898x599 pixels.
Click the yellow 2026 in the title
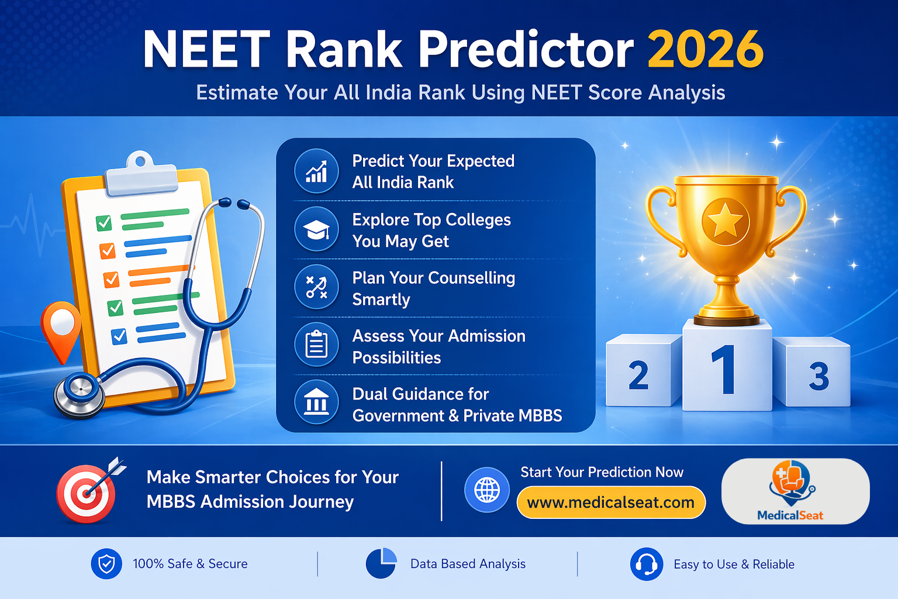point(705,50)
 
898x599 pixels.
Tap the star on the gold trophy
point(726,222)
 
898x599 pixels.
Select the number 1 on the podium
point(724,369)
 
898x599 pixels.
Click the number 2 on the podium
point(638,376)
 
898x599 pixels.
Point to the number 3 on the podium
point(818,376)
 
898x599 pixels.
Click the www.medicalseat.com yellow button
point(611,502)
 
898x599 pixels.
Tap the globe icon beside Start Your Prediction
point(487,490)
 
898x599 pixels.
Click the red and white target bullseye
point(87,494)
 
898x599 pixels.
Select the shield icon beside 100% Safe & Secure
point(106,564)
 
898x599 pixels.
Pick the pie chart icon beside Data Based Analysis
point(381,564)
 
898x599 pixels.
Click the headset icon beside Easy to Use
point(646,564)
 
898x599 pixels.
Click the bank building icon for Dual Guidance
point(316,402)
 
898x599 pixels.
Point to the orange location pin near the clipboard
point(61,325)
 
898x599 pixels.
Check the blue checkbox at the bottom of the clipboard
point(119,336)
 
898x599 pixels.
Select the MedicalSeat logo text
point(790,515)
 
